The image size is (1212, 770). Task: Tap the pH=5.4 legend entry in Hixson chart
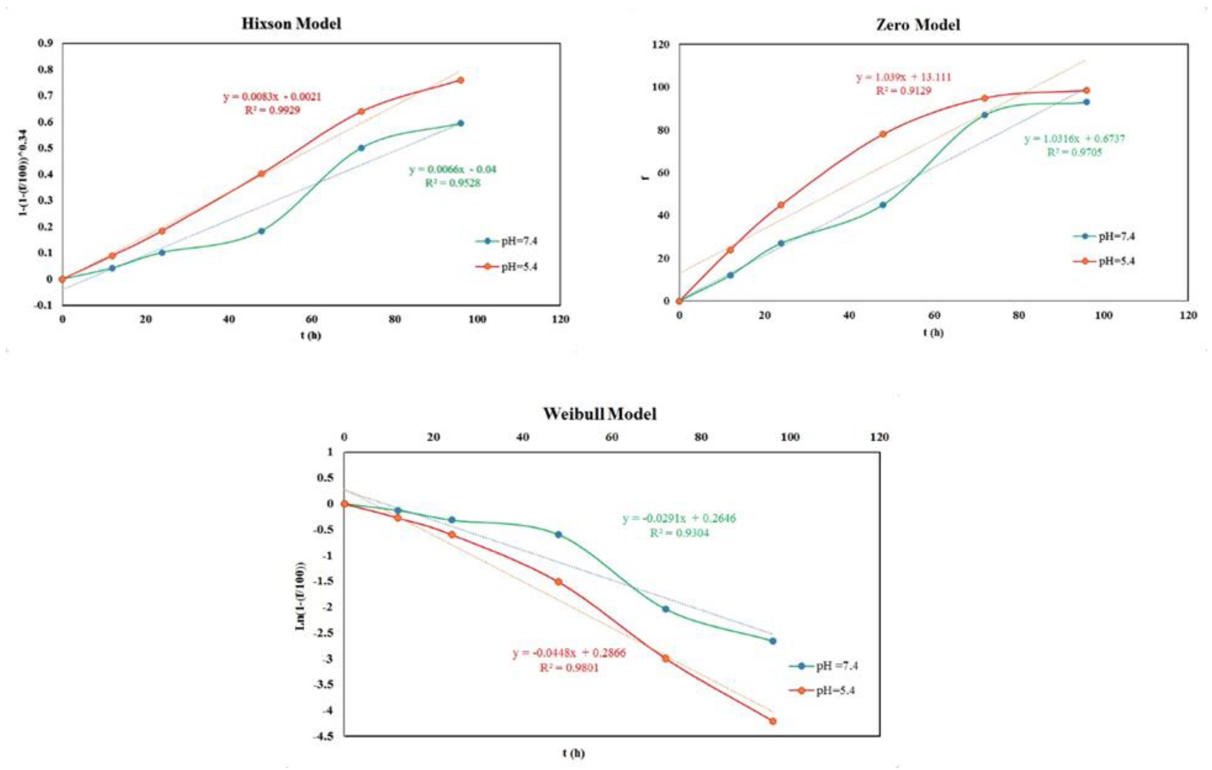click(x=518, y=267)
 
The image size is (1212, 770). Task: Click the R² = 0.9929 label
click(x=272, y=110)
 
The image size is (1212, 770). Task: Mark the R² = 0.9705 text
click(x=1074, y=152)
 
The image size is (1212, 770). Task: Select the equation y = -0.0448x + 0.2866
click(x=569, y=653)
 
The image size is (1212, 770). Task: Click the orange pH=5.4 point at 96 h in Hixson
click(x=460, y=80)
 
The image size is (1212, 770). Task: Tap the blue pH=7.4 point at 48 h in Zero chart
click(x=883, y=205)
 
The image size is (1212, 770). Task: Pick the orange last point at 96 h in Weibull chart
click(x=772, y=721)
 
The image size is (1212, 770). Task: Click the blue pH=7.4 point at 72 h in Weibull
click(x=665, y=609)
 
